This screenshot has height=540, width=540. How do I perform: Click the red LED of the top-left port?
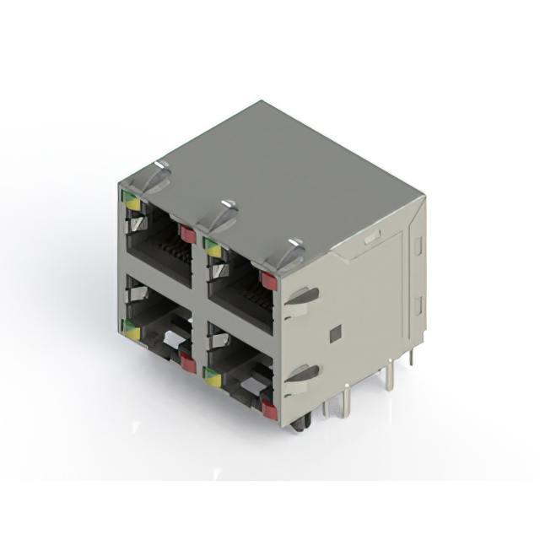click(x=188, y=235)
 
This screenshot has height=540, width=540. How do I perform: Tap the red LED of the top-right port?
click(x=269, y=281)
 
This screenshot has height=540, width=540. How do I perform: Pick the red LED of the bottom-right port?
click(x=269, y=410)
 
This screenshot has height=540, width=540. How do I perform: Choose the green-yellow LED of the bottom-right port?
click(x=212, y=378)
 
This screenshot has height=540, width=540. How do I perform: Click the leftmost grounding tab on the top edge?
click(x=151, y=178)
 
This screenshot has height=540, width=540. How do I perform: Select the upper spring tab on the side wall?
click(x=302, y=297)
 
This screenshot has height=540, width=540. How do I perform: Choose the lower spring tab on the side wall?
click(x=302, y=373)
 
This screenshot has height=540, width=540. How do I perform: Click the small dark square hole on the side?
click(x=335, y=333)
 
